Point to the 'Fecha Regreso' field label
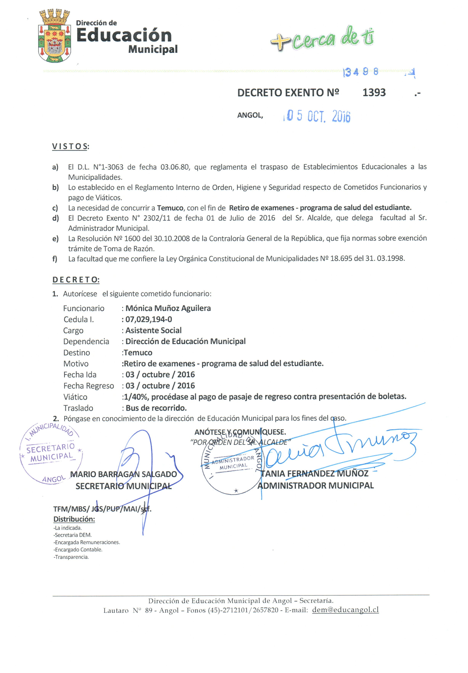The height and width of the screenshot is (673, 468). [89, 386]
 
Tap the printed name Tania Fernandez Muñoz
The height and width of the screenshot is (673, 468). [315, 474]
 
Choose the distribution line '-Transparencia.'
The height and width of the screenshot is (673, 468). [71, 557]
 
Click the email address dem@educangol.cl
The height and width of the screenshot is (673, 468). [346, 610]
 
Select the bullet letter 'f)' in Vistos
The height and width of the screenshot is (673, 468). [55, 259]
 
